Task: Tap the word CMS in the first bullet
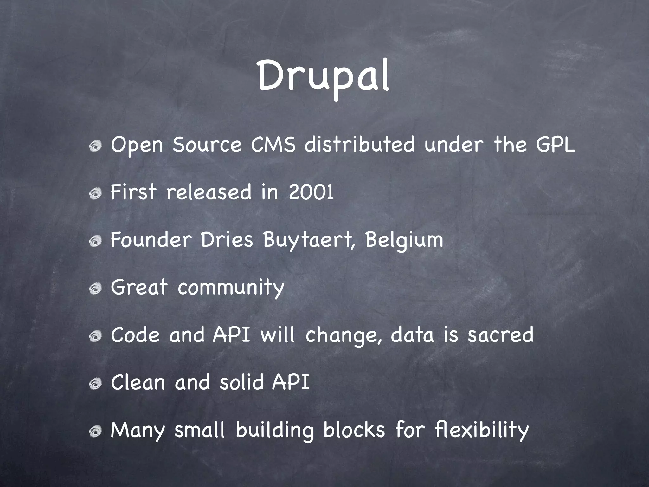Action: coord(273,145)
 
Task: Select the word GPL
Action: coord(556,145)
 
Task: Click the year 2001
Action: coord(311,192)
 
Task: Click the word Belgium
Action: coord(404,240)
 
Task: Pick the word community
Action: coord(231,288)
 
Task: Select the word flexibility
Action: coord(482,430)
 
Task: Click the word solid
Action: coord(242,383)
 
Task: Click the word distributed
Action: coord(359,145)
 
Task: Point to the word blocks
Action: coord(354,430)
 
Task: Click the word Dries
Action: coord(227,240)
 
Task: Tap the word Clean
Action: coord(138,383)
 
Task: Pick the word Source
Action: coord(207,145)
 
